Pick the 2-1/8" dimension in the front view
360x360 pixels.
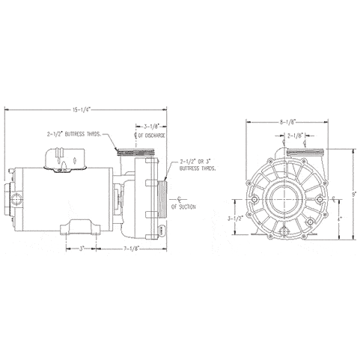click(294, 135)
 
